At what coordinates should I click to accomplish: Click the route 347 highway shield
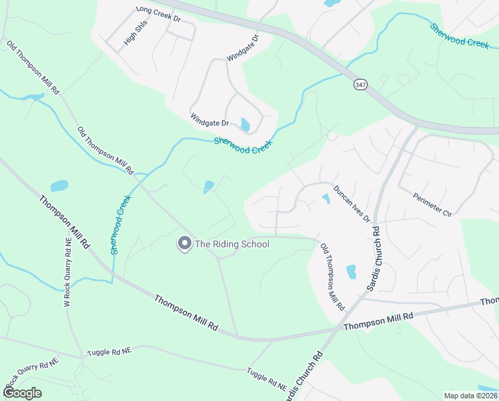pos(360,86)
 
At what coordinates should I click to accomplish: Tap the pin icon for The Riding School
pos(183,244)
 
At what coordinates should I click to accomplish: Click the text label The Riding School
pos(231,244)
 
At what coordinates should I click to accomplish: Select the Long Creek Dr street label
pos(158,14)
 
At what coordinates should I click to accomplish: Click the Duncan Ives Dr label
pos(352,204)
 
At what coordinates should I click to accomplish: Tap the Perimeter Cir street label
pos(432,204)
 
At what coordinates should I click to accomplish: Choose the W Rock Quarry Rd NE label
pos(67,271)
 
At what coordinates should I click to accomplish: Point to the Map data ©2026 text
pos(470,396)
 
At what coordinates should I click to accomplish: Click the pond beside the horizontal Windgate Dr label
pos(245,125)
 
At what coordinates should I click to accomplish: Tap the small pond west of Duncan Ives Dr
pos(326,198)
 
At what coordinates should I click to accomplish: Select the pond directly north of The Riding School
pos(209,186)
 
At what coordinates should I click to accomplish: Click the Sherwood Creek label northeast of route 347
pos(460,36)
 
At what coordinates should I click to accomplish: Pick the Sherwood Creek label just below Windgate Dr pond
pos(243,145)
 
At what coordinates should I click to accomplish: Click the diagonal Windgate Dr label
pos(241,48)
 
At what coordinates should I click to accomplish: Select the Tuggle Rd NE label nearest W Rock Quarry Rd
pos(109,350)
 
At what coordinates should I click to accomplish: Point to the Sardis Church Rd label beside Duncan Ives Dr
pos(374,258)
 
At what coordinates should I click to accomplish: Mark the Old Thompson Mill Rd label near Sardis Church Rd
pos(332,277)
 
